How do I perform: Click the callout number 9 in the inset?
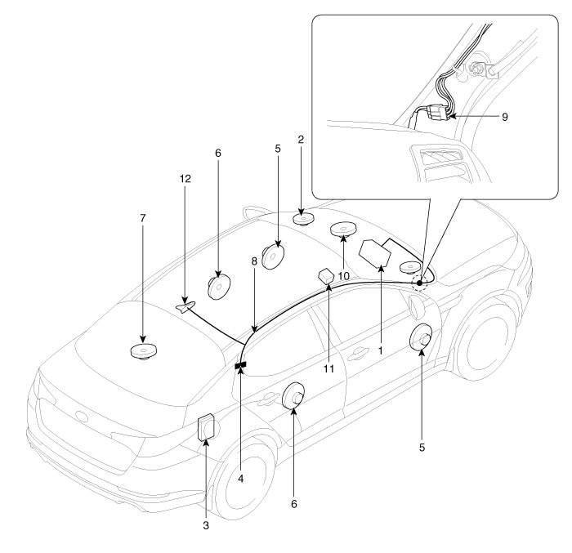pos(504,117)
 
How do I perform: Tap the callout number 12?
pos(184,176)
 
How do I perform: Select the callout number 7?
pos(143,219)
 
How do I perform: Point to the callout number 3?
pos(206,526)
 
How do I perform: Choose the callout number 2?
pos(301,140)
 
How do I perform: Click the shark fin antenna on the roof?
pos(185,306)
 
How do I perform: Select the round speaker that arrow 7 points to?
pos(144,352)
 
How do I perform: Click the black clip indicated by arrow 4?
pos(241,368)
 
